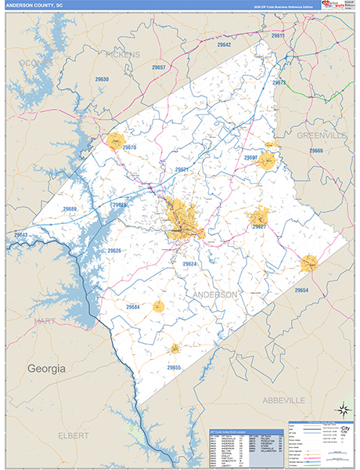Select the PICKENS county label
pos(121,55)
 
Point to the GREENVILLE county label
pos(321,136)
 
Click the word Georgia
pos(47,367)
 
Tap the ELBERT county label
pos(74,434)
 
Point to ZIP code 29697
pos(250,157)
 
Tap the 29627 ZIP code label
pos(259,226)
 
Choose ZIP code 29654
pos(301,291)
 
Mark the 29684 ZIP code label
pos(131,307)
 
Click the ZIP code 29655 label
pos(173,367)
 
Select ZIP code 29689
pos(70,209)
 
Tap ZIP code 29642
pos(225,45)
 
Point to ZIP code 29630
pos(102,80)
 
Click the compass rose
pos(342,408)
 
